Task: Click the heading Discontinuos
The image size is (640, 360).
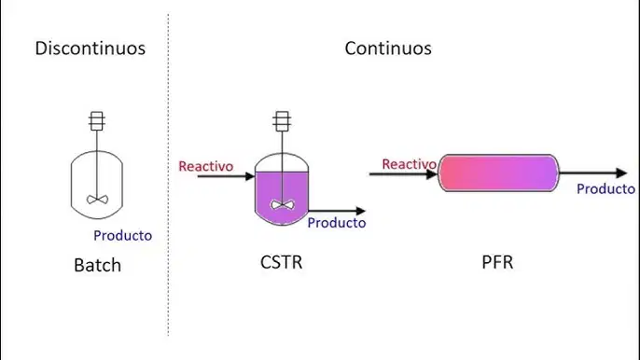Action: pyautogui.click(x=90, y=48)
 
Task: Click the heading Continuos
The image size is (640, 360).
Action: pyautogui.click(x=388, y=48)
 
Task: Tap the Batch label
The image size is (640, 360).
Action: pyautogui.click(x=98, y=265)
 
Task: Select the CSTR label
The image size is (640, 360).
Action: pyautogui.click(x=281, y=262)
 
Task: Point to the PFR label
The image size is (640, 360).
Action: pyautogui.click(x=497, y=262)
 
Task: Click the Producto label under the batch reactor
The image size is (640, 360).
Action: pyautogui.click(x=123, y=236)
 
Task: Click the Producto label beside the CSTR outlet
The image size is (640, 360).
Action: pyautogui.click(x=337, y=223)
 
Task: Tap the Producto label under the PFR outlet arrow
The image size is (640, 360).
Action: pyautogui.click(x=605, y=189)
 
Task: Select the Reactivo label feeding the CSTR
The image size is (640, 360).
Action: pyautogui.click(x=206, y=167)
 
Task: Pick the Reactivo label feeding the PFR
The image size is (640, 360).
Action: pyautogui.click(x=410, y=164)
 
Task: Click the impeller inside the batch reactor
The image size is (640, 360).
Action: pyautogui.click(x=97, y=200)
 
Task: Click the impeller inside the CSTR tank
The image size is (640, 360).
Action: pyautogui.click(x=282, y=204)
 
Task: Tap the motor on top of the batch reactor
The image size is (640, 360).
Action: pyautogui.click(x=97, y=121)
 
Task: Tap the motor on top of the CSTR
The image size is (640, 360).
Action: pyautogui.click(x=282, y=121)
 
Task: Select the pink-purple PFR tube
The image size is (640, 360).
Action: pyautogui.click(x=498, y=173)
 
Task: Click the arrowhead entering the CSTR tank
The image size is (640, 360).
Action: pyautogui.click(x=250, y=176)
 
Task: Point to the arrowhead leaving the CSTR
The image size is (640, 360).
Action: pyautogui.click(x=361, y=211)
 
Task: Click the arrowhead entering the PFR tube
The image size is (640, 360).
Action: pyautogui.click(x=432, y=174)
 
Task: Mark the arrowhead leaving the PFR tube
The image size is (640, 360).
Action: pyautogui.click(x=621, y=173)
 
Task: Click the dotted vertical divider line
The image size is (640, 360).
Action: pyautogui.click(x=168, y=174)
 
